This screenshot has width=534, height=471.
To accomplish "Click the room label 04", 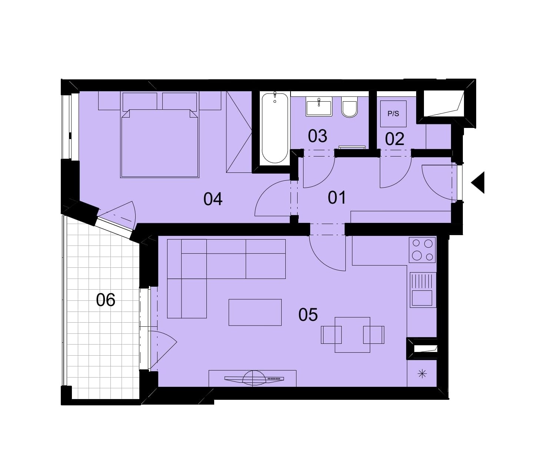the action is (213, 199).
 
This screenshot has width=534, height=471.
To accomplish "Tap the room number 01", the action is (336, 197).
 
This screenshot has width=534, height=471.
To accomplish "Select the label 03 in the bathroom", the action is (317, 136).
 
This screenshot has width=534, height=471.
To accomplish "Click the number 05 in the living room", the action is (308, 314).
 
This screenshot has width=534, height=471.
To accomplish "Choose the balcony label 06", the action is (106, 300).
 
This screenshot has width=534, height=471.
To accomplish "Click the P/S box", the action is (393, 114).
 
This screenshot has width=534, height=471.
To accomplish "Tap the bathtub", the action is (275, 128).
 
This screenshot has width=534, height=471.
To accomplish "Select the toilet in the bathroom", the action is (349, 106).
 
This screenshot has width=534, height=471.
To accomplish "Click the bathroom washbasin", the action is (319, 106).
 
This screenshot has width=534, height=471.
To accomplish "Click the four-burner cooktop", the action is (422, 250).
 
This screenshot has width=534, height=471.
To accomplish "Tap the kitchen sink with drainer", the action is (423, 290).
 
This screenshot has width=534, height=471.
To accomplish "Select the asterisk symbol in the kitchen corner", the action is (422, 374).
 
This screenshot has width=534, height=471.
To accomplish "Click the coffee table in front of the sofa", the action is (255, 312).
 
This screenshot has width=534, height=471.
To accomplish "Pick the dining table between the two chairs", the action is (352, 335).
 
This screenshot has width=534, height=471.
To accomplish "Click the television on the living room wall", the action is (254, 379).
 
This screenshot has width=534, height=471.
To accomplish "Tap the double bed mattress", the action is (159, 143).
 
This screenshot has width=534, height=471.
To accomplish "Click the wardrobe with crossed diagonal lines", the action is (239, 132).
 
